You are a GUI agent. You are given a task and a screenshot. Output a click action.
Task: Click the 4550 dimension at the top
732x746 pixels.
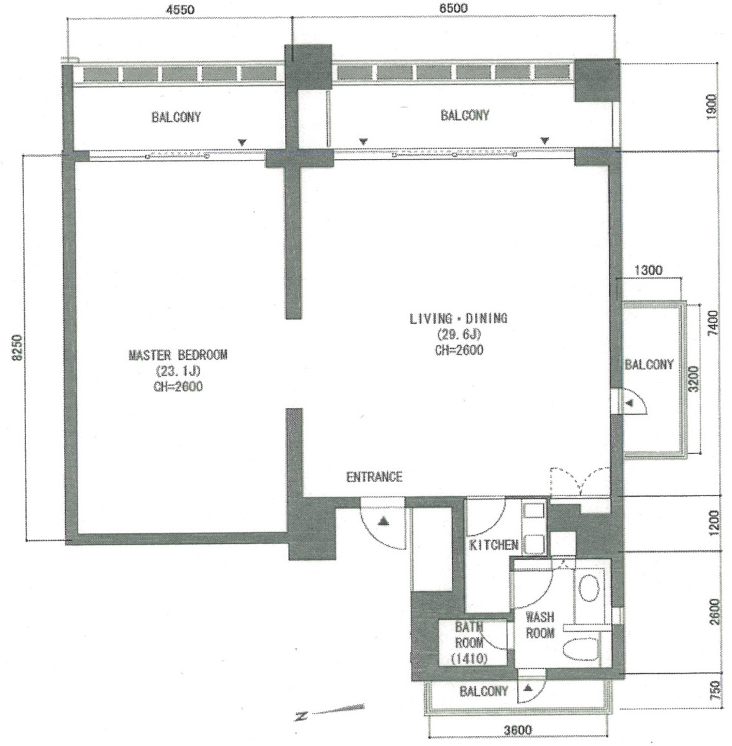tap(180, 9)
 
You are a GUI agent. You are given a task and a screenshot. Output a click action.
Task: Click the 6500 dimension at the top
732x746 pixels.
tap(453, 8)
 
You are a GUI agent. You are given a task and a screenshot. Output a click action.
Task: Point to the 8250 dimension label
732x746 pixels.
tap(17, 348)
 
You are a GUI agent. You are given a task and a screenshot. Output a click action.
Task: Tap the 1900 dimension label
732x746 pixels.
tap(711, 107)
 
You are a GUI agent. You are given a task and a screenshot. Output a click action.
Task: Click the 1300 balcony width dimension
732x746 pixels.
tap(648, 270)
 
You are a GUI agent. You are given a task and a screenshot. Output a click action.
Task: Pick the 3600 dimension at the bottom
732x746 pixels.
tap(518, 730)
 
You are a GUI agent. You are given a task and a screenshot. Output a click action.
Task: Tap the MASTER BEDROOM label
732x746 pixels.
tap(178, 355)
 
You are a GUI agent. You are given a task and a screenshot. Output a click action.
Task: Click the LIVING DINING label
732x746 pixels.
tap(459, 318)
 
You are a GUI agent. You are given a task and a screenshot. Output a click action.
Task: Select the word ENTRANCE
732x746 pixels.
tap(374, 477)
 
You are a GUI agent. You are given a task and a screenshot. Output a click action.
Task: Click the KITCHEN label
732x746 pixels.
tap(494, 545)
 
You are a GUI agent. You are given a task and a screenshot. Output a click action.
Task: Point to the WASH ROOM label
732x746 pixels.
tap(540, 625)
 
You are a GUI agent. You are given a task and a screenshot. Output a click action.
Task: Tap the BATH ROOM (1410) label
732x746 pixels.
tap(469, 642)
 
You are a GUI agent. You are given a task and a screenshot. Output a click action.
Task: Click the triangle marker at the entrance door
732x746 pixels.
tap(383, 521)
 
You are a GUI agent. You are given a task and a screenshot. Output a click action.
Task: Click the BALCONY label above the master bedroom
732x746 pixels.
tap(176, 117)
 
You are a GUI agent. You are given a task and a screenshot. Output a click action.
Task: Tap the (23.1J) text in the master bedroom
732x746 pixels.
tap(178, 371)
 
